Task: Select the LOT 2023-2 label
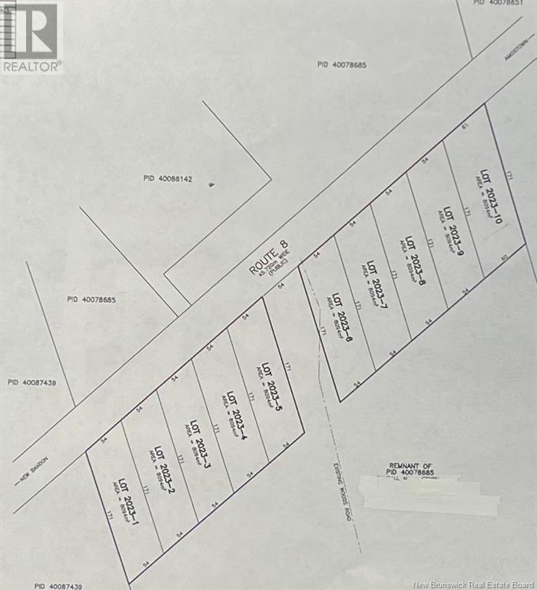(x=162, y=468)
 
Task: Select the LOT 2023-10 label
(x=491, y=196)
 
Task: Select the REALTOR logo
(x=31, y=37)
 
